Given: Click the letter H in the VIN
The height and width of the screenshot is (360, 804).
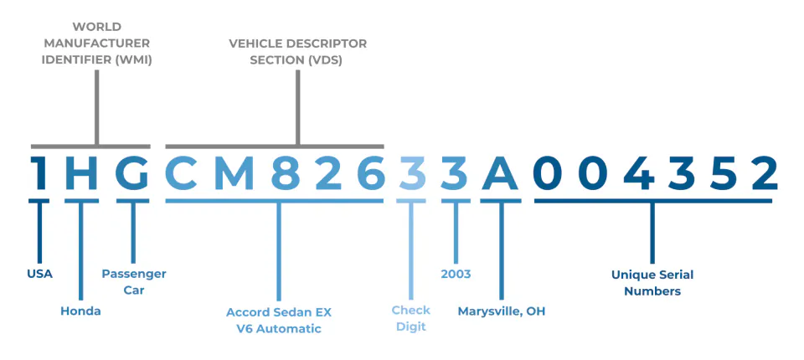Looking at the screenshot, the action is click(x=81, y=173).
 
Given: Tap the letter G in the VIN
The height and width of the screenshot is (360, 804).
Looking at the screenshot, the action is click(x=132, y=173).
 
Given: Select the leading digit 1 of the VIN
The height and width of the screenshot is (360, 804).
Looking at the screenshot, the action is click(x=39, y=173).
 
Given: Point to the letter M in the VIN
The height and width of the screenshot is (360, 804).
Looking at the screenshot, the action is click(x=234, y=173).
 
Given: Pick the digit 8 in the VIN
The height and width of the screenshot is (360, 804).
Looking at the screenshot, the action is click(x=286, y=173).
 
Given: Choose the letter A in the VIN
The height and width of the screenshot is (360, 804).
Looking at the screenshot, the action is click(x=500, y=173).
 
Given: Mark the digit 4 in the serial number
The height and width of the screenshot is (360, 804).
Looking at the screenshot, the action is click(x=638, y=173).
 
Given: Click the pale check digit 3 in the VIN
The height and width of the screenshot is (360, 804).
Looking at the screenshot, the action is click(x=411, y=173).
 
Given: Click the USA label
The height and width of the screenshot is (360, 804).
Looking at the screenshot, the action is click(x=39, y=274).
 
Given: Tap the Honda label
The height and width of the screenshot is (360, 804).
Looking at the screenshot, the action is click(x=80, y=311).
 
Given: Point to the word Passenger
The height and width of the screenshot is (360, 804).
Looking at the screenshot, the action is click(x=134, y=274).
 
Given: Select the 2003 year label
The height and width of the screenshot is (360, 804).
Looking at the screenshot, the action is click(x=456, y=275).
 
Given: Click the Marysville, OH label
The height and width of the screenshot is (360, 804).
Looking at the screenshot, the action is click(x=502, y=311).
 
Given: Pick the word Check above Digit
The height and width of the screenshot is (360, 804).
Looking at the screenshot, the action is click(x=411, y=311).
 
